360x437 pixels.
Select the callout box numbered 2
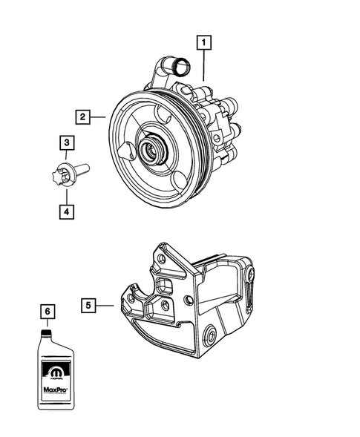[82, 116]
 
